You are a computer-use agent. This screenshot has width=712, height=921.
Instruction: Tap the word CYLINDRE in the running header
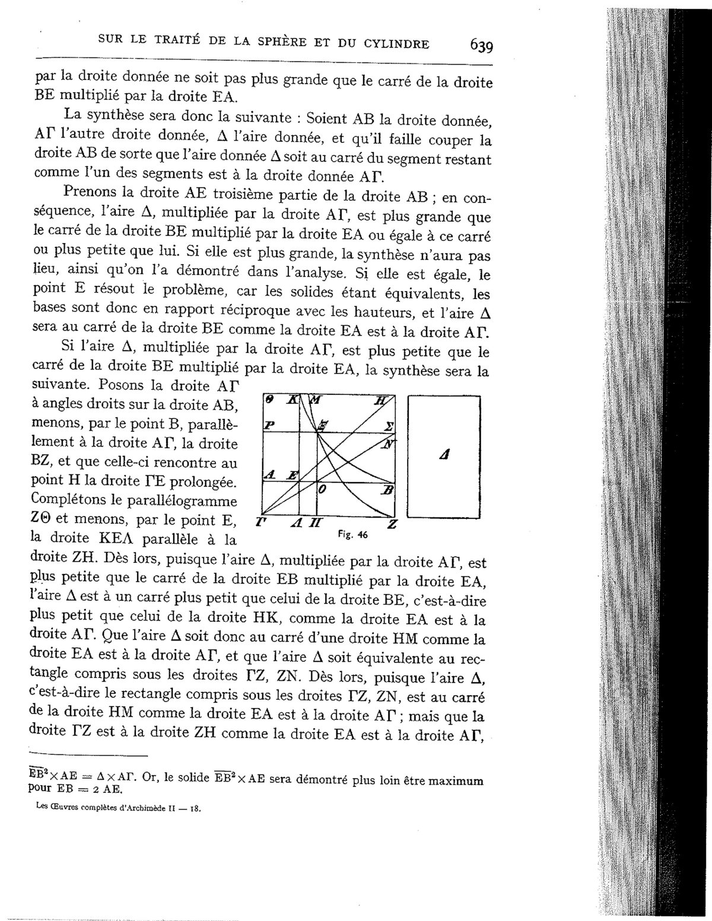[x=396, y=43]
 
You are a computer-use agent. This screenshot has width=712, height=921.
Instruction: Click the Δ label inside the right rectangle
[x=444, y=455]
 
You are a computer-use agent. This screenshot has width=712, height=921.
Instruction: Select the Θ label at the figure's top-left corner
[x=268, y=400]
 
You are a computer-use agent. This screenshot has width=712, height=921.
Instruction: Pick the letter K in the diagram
[x=292, y=400]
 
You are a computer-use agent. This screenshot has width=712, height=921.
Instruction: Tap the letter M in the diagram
[x=316, y=400]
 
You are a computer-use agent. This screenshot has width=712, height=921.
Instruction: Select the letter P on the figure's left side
[x=269, y=426]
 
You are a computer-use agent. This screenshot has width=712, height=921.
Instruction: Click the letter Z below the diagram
[x=390, y=523]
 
